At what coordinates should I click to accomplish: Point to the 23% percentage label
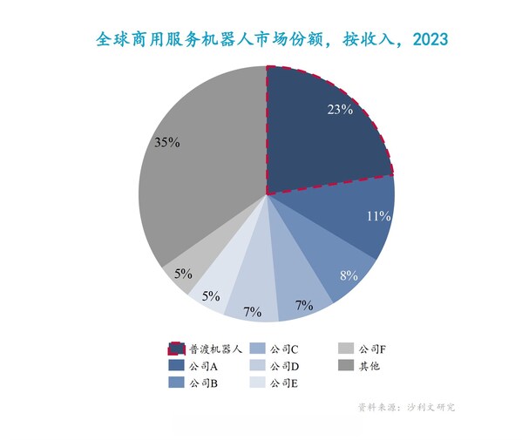(340, 110)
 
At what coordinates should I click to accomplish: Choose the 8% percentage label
(349, 276)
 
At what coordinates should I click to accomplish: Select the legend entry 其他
(369, 366)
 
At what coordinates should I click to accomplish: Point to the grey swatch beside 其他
(346, 366)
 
